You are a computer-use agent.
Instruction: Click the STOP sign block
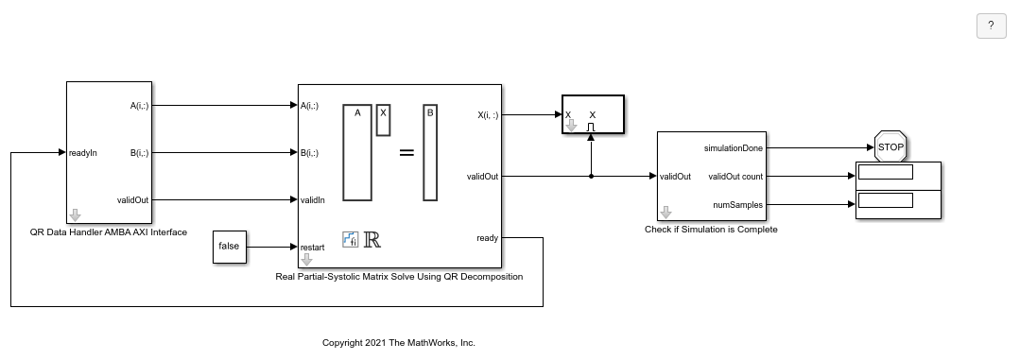point(890,147)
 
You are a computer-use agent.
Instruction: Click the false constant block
point(229,247)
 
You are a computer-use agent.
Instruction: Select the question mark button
point(991,26)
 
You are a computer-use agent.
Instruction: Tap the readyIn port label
point(83,152)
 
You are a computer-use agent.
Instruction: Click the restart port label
point(313,247)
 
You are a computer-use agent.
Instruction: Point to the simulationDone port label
point(735,147)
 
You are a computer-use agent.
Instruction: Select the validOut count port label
point(735,176)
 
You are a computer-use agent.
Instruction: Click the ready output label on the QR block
point(488,238)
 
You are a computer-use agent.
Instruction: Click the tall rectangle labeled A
point(357,151)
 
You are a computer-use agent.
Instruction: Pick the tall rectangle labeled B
point(430,151)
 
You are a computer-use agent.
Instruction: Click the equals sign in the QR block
point(406,152)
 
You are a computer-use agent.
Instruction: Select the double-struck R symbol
point(372,239)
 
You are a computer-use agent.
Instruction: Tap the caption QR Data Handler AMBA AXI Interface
point(109,231)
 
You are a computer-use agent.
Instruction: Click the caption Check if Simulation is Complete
point(711,229)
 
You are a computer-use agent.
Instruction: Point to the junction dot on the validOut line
point(591,176)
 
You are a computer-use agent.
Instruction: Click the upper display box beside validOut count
point(886,172)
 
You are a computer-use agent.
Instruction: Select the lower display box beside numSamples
point(886,199)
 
